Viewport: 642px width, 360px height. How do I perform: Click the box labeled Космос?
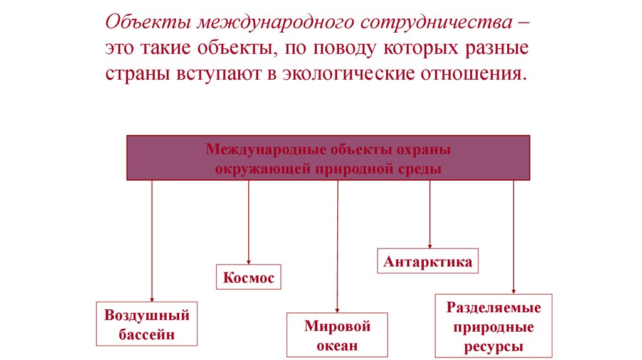[x=249, y=277]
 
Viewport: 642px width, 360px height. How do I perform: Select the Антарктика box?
[x=428, y=261]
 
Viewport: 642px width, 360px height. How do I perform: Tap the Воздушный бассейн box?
[x=147, y=324]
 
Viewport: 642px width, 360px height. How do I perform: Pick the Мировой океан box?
[x=337, y=336]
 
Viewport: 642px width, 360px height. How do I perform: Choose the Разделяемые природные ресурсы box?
[x=494, y=327]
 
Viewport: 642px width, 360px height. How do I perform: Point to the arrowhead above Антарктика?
[x=429, y=245]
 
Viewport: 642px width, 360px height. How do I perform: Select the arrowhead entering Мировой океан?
[x=337, y=309]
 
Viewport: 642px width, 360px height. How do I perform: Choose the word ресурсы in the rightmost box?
[x=494, y=346]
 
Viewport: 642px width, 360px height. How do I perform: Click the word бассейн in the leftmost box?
[x=147, y=334]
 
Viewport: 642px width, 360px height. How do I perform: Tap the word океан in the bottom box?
[x=337, y=345]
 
